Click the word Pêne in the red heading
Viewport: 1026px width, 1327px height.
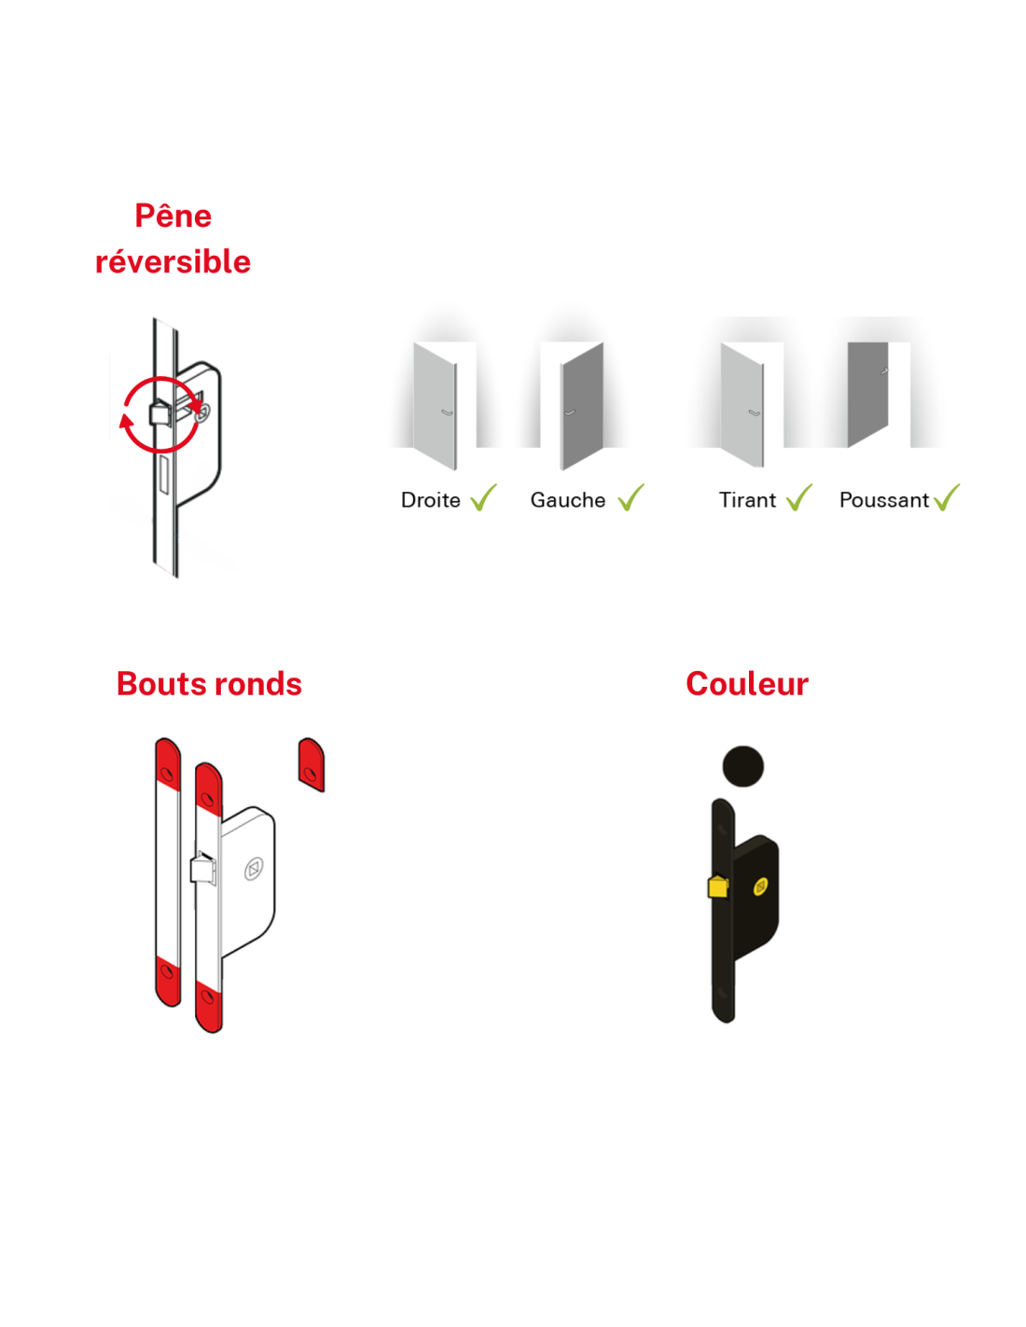[x=173, y=217]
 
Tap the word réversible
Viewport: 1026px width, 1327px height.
[x=173, y=262]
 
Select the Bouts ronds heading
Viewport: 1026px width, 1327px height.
[x=209, y=684]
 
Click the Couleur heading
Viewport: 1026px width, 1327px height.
[x=747, y=684]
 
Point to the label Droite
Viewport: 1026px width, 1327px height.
[x=430, y=500]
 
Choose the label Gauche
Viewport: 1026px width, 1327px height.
[x=568, y=500]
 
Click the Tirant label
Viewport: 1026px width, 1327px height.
[x=747, y=500]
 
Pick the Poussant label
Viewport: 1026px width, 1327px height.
[x=883, y=500]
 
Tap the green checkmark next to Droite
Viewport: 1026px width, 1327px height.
[x=483, y=498]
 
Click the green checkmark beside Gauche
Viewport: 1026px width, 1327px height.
[x=631, y=498]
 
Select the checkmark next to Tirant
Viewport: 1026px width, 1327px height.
[x=799, y=498]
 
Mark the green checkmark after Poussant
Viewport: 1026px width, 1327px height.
[x=947, y=498]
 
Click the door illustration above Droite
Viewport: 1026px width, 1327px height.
[x=436, y=405]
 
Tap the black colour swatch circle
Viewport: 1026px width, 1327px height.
[x=743, y=767]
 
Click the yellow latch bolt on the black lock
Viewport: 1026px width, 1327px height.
[x=717, y=887]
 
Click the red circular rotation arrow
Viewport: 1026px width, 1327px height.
[x=160, y=415]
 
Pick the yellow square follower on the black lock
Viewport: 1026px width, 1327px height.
[x=761, y=886]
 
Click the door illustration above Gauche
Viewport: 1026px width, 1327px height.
[x=582, y=405]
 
